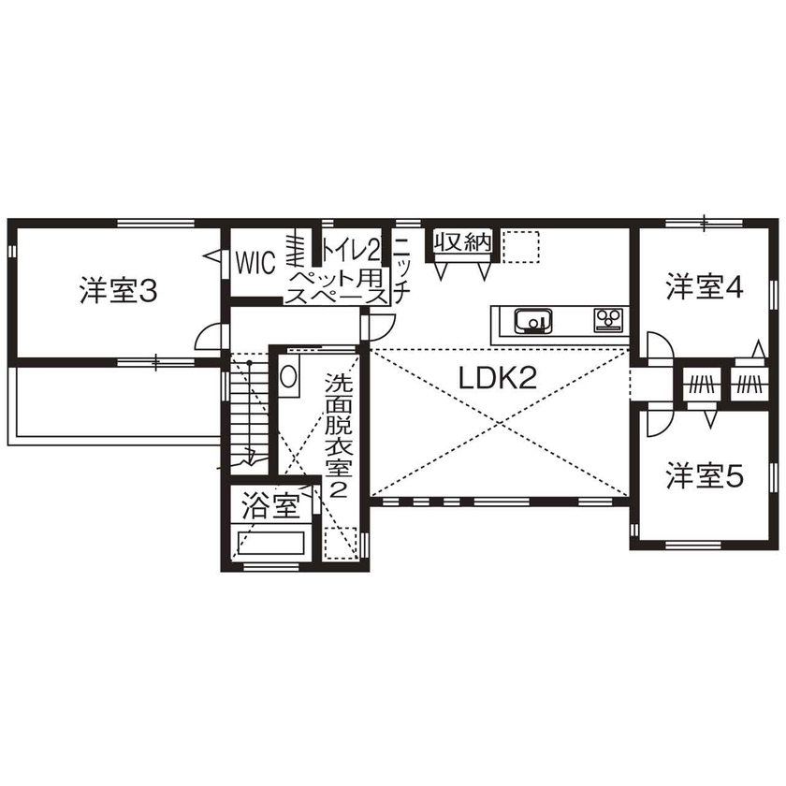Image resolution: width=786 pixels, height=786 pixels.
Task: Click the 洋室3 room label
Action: [117, 291]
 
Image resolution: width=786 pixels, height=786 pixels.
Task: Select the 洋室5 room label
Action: [704, 476]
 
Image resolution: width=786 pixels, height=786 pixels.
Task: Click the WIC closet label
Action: [255, 263]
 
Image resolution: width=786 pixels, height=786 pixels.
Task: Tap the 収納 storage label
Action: [462, 242]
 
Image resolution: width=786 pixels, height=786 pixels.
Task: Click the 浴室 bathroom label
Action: [269, 507]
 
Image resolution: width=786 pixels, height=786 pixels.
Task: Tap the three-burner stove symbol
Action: [608, 320]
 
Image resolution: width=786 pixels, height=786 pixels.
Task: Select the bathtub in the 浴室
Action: [270, 545]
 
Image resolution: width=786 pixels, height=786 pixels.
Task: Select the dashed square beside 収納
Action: [522, 245]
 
